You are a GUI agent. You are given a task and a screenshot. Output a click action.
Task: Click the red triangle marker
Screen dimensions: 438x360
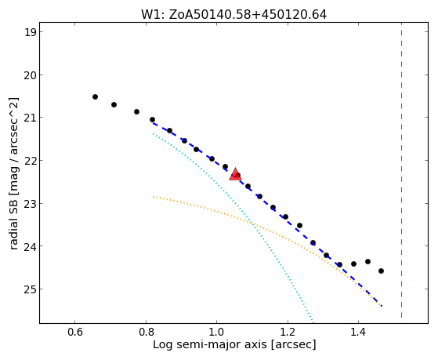(x=235, y=175)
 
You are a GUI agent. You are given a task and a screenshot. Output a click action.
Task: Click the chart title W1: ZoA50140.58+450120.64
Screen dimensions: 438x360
(x=233, y=15)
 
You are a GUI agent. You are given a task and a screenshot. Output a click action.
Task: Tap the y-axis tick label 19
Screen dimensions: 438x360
(x=30, y=32)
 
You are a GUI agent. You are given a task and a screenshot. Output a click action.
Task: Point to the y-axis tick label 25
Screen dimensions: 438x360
(x=30, y=289)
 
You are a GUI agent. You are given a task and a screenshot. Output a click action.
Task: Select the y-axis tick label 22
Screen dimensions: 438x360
(x=30, y=161)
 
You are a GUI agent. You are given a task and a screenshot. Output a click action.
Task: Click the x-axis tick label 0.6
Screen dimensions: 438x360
(x=75, y=333)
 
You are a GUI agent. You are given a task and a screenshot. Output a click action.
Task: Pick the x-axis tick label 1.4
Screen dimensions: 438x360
(x=358, y=333)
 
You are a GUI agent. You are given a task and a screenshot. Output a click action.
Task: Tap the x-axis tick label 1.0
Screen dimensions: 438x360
(x=217, y=333)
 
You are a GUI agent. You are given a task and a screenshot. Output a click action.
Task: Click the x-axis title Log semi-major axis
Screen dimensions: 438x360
(x=210, y=345)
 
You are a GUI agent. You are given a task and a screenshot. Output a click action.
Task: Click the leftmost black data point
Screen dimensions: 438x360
(x=95, y=96)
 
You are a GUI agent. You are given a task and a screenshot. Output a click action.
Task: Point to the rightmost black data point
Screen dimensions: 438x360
(x=381, y=271)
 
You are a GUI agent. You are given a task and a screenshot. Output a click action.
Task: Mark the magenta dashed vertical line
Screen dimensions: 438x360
(x=402, y=170)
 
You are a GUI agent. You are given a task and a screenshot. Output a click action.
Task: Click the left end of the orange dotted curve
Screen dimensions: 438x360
(x=153, y=197)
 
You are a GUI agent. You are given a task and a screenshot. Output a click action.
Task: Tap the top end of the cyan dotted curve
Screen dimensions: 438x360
(x=153, y=134)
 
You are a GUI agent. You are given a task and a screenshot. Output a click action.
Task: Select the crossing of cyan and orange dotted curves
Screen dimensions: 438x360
(x=252, y=223)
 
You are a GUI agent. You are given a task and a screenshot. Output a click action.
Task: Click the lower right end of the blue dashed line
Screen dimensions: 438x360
(x=382, y=307)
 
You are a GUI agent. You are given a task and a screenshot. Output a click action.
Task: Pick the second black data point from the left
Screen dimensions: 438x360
(x=114, y=104)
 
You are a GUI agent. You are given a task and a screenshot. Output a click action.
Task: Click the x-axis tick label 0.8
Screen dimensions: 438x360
(x=146, y=333)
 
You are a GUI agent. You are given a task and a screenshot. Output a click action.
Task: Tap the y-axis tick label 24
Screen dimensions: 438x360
(x=30, y=246)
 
